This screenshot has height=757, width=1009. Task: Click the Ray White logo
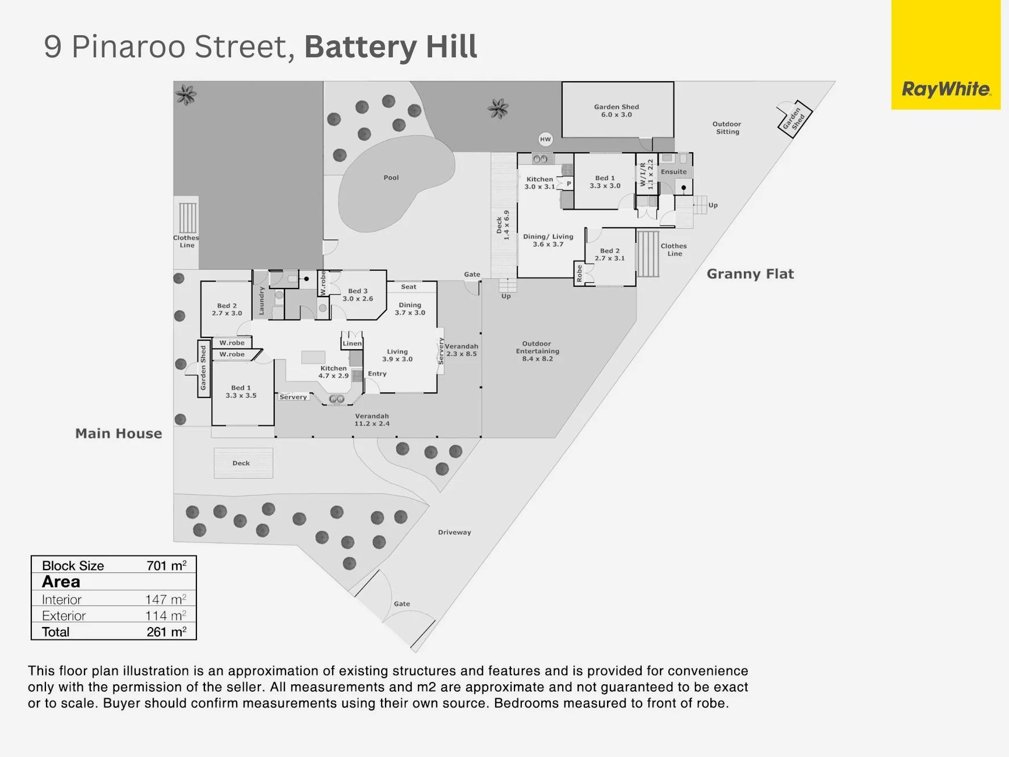[x=946, y=90]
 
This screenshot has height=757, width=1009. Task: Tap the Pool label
[x=391, y=178]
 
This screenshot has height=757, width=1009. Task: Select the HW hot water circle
[x=545, y=139]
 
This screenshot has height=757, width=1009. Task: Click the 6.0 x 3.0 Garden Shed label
[x=617, y=111]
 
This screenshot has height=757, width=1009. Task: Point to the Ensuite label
[x=674, y=172]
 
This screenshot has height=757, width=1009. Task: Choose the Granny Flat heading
[x=750, y=274]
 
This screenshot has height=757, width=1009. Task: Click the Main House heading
[x=119, y=433]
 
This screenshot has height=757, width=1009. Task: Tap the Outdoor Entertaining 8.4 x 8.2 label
[x=537, y=351]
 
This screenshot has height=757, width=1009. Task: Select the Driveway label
[x=454, y=532]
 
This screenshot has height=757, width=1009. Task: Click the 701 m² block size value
[x=166, y=566]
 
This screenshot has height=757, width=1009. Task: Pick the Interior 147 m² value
[x=166, y=599]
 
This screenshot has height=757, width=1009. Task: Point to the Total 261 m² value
[x=166, y=632]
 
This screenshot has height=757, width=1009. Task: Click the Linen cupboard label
[x=352, y=344]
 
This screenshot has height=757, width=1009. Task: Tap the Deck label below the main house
[x=241, y=463]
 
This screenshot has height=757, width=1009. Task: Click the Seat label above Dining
[x=409, y=287]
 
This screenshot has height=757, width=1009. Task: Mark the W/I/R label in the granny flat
[x=647, y=174]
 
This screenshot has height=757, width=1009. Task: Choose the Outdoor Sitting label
[x=727, y=128]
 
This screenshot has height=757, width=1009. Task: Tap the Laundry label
[x=262, y=300]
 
